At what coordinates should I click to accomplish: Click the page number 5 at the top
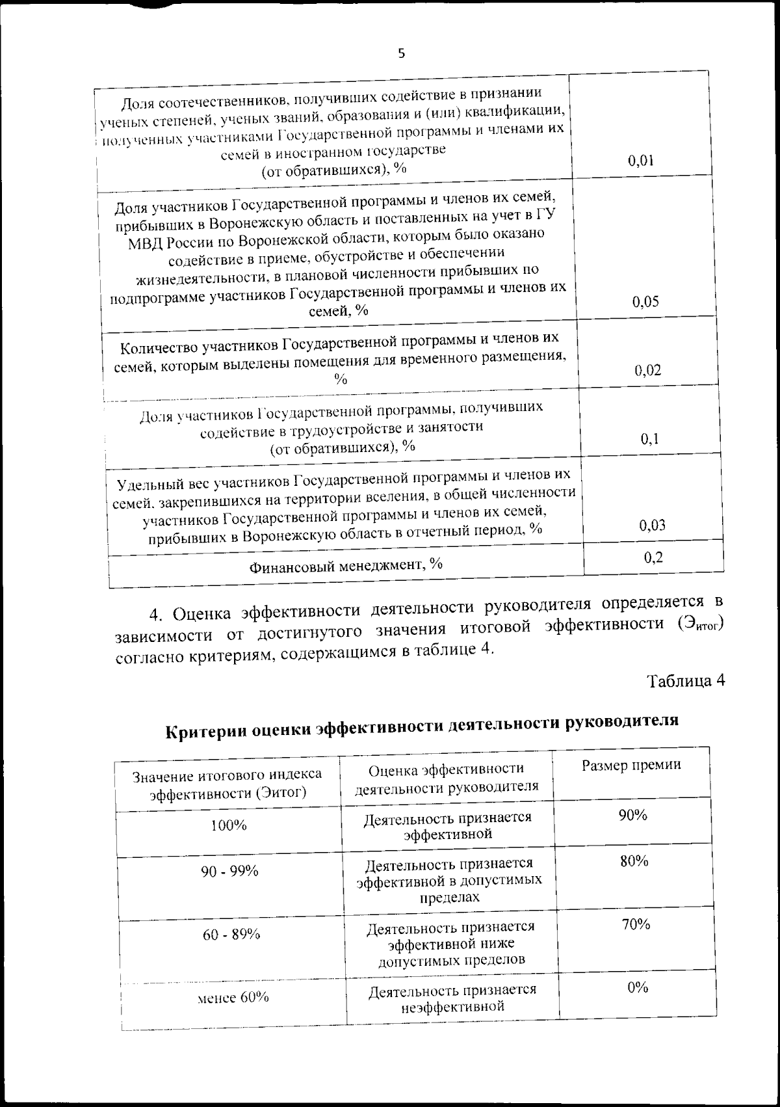(401, 53)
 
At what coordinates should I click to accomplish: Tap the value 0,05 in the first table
(645, 302)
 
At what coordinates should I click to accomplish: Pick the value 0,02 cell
(648, 371)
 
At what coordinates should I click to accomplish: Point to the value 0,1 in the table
(649, 440)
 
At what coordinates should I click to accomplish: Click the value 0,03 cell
(652, 526)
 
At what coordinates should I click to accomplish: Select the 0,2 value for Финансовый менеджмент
(653, 557)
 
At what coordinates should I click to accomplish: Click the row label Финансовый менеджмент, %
(346, 565)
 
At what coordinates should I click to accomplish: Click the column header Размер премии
(631, 766)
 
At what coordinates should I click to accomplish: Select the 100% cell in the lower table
(229, 825)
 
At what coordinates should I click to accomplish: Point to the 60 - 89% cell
(231, 935)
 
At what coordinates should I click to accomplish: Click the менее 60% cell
(233, 998)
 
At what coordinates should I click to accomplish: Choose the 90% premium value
(632, 816)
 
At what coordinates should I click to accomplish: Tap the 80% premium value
(634, 862)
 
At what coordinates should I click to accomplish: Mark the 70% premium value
(636, 924)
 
